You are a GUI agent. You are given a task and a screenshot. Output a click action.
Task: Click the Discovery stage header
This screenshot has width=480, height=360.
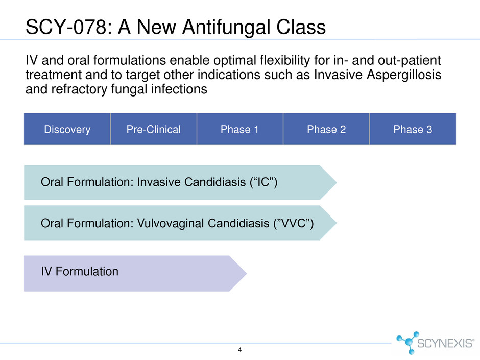67,129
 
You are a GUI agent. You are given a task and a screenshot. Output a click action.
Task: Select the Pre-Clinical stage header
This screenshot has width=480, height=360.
153,129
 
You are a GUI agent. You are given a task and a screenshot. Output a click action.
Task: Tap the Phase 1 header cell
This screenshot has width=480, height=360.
239,129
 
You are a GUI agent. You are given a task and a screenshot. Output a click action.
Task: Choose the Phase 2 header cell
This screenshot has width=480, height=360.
326,129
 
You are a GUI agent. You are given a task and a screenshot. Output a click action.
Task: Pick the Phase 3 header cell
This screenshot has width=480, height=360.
413,129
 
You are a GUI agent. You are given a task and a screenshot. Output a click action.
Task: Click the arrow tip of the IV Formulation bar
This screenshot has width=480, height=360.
247,273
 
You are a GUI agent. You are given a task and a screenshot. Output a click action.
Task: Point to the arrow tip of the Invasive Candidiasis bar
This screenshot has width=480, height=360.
337,183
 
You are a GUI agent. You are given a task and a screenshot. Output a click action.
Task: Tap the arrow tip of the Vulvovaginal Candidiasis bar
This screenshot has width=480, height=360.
337,223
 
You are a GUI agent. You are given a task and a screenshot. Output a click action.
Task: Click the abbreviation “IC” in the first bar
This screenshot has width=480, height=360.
264,182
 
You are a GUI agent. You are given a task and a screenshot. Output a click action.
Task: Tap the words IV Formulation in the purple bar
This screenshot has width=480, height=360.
80,271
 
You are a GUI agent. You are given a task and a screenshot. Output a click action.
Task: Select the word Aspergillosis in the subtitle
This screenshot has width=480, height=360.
404,75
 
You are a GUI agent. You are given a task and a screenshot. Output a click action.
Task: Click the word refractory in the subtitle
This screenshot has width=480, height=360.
79,89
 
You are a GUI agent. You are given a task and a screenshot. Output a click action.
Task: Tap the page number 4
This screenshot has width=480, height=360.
239,350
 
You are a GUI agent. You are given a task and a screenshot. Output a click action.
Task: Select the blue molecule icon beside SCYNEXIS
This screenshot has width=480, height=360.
407,343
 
